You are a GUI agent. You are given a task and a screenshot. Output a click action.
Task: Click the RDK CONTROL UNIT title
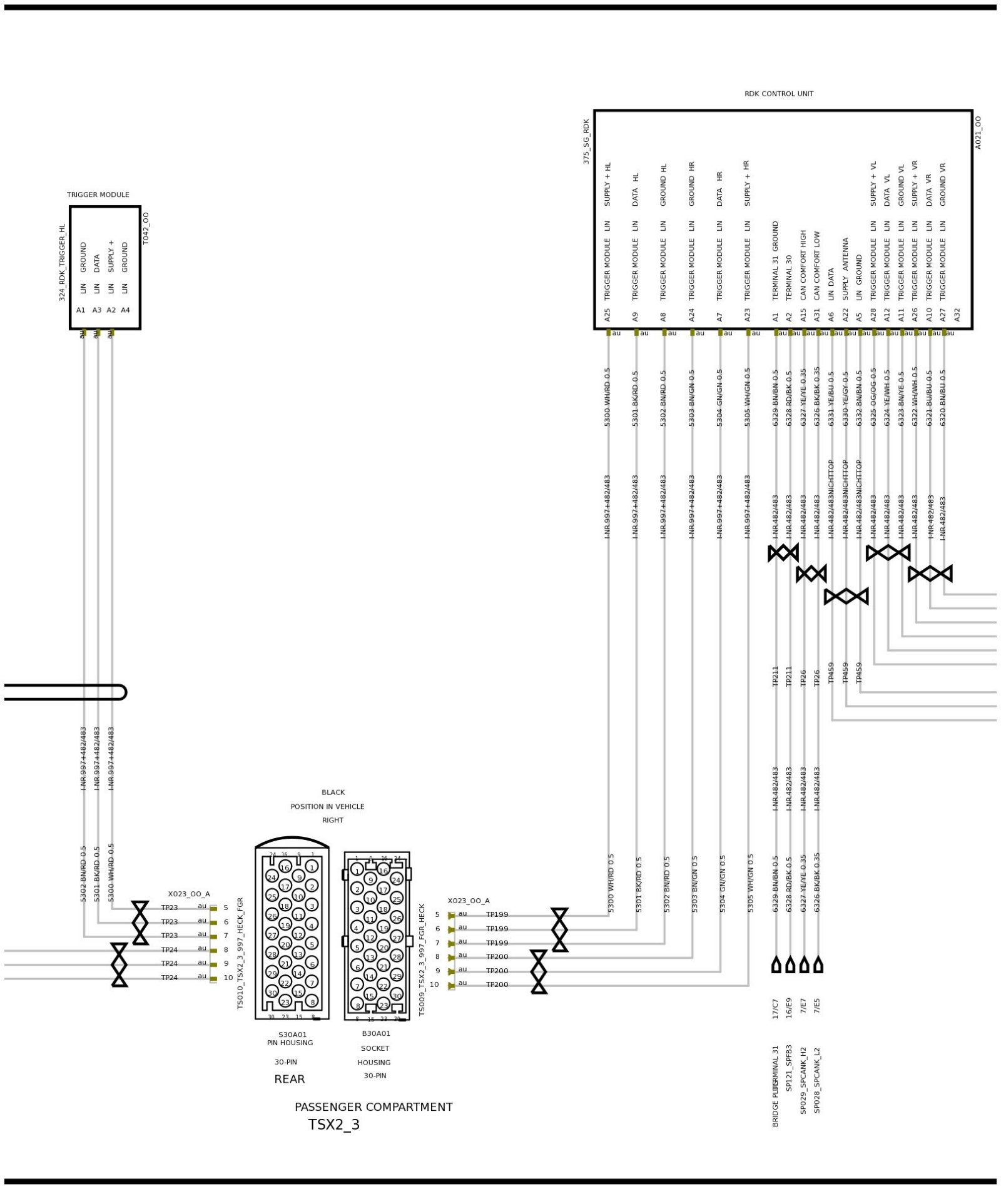[x=778, y=94]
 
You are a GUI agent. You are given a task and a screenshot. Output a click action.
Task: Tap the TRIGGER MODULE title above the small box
[x=98, y=195]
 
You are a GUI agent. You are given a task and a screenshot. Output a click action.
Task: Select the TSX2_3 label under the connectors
[x=333, y=1124]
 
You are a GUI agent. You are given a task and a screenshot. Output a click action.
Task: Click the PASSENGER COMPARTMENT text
[x=373, y=1106]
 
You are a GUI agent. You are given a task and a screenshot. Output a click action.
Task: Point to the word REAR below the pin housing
[x=289, y=1079]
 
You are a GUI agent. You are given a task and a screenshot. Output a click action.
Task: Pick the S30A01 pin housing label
[x=292, y=1035]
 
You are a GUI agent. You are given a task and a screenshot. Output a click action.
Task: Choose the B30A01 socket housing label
[x=375, y=1033]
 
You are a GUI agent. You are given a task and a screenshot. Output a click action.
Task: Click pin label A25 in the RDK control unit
[x=607, y=314]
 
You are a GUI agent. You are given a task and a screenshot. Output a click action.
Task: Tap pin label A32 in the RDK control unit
[x=957, y=314]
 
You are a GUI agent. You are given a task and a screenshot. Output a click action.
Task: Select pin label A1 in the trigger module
[x=81, y=310]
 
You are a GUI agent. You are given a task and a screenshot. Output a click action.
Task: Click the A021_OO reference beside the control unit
[x=978, y=132]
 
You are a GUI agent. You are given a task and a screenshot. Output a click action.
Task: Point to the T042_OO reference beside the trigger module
[x=146, y=228]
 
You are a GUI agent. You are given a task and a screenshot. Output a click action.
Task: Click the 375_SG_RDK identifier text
[x=586, y=141]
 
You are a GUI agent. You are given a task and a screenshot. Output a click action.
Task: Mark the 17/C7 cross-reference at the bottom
[x=775, y=1008]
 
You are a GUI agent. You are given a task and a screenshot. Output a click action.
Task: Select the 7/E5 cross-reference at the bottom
[x=817, y=1006]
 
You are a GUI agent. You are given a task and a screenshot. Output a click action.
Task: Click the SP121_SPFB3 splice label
[x=789, y=1067]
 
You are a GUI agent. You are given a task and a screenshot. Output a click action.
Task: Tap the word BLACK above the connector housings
[x=333, y=792]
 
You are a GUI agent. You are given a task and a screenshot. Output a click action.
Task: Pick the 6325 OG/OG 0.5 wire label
[x=873, y=397]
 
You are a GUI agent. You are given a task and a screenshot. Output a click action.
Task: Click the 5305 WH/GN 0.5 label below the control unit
[x=747, y=397]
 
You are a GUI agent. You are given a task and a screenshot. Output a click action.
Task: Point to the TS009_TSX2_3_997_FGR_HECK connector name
[x=422, y=959]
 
